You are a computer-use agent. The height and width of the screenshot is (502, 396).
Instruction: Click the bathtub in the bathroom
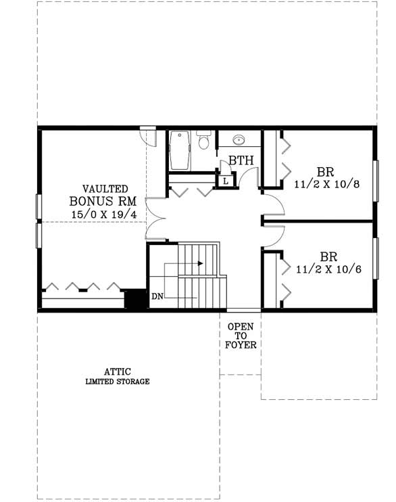[180, 151]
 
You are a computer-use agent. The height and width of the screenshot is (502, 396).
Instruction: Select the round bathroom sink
[238, 141]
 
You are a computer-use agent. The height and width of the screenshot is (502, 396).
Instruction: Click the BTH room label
[241, 161]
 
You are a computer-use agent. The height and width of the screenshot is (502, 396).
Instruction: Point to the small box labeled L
[224, 181]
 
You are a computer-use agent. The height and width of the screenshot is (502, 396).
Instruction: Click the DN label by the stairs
[157, 296]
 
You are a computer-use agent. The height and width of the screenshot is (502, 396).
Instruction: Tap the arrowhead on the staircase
[200, 263]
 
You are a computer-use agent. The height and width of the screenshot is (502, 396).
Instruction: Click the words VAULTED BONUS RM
[105, 195]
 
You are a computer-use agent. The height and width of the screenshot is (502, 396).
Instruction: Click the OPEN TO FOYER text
[240, 335]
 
